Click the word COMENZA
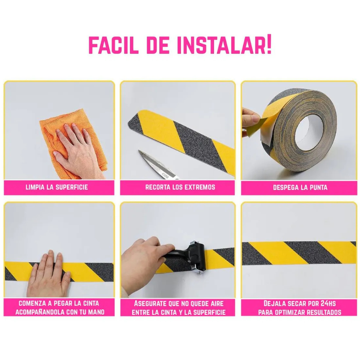coord(32,303)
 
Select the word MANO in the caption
coord(96,312)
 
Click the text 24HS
coord(328,304)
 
